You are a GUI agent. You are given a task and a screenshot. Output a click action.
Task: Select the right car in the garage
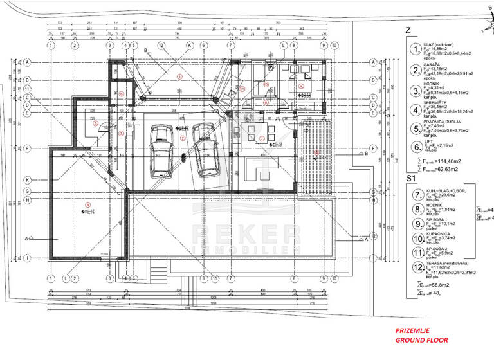coord(205,149)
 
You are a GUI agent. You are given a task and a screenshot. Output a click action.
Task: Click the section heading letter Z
coord(407,30)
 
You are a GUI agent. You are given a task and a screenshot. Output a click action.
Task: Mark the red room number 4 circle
coord(87,205)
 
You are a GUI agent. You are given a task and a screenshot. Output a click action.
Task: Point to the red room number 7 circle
coord(261,138)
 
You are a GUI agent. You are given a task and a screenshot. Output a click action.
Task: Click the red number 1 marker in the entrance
coord(180,76)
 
